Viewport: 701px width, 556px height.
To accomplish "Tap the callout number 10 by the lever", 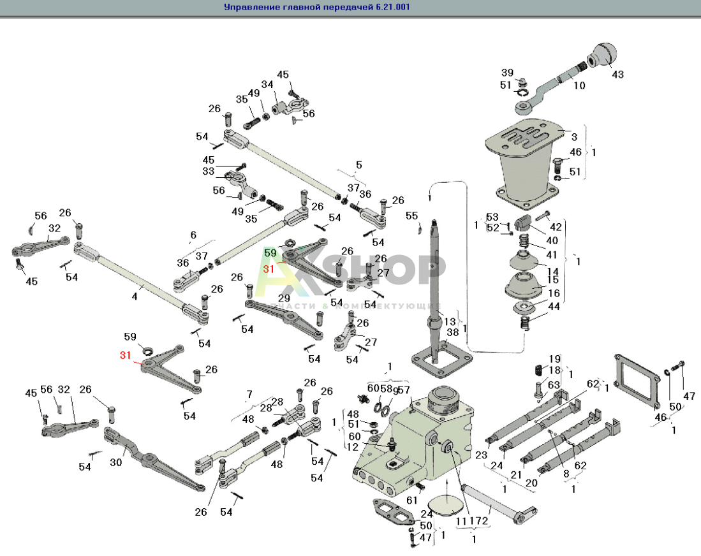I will click(579, 85).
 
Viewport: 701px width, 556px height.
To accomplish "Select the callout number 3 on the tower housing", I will click(573, 137).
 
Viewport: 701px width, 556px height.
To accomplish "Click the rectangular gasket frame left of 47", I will click(636, 381).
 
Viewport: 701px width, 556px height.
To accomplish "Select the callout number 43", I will click(618, 75).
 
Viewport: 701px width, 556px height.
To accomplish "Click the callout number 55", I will click(412, 216).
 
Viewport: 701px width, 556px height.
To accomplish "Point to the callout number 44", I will click(554, 307).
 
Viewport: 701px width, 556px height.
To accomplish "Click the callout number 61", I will click(413, 501).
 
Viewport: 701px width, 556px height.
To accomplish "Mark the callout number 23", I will click(481, 455).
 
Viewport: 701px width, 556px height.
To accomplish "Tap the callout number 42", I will click(556, 227).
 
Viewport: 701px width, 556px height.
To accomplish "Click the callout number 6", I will click(193, 235).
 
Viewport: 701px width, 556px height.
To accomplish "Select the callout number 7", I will click(249, 393).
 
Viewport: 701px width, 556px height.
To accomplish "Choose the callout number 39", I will click(506, 72).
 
